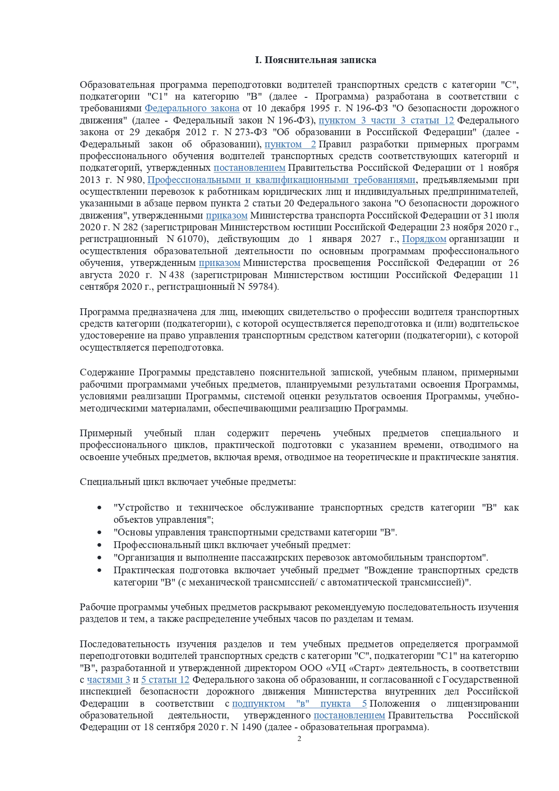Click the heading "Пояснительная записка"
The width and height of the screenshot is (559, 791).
click(316, 60)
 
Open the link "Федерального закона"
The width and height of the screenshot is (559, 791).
click(192, 109)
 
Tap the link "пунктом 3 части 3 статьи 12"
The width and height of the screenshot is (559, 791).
click(386, 121)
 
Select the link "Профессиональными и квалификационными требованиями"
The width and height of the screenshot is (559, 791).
click(281, 180)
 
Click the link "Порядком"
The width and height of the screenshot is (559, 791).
click(424, 239)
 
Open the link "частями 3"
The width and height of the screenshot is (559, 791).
click(108, 680)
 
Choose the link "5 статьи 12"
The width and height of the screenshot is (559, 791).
click(165, 680)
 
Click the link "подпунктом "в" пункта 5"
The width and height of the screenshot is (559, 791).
click(299, 704)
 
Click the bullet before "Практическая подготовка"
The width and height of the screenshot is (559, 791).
click(100, 571)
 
